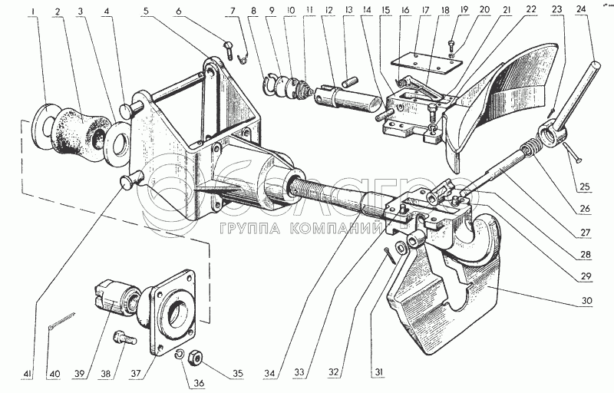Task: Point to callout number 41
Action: click(x=28, y=373)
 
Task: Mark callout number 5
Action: click(x=145, y=13)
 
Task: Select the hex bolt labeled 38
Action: click(x=121, y=338)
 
